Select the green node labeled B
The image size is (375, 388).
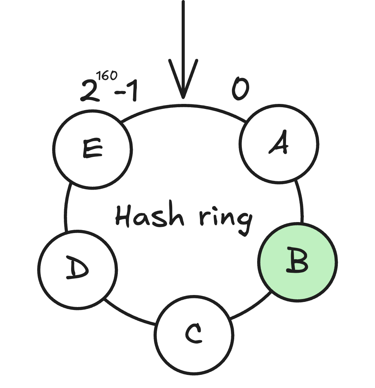pyautogui.click(x=297, y=262)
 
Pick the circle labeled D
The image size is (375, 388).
pyautogui.click(x=77, y=270)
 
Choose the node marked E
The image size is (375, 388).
pyautogui.click(x=92, y=149)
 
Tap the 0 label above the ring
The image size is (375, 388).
pyautogui.click(x=240, y=89)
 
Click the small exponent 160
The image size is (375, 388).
pyautogui.click(x=107, y=76)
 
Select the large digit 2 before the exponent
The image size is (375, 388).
pyautogui.click(x=89, y=91)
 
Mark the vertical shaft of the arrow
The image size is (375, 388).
pyautogui.click(x=183, y=33)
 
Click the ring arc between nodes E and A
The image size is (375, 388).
pyautogui.click(x=182, y=106)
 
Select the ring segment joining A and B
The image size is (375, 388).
pyautogui.click(x=301, y=201)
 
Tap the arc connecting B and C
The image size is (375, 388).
pyautogui.click(x=252, y=308)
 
